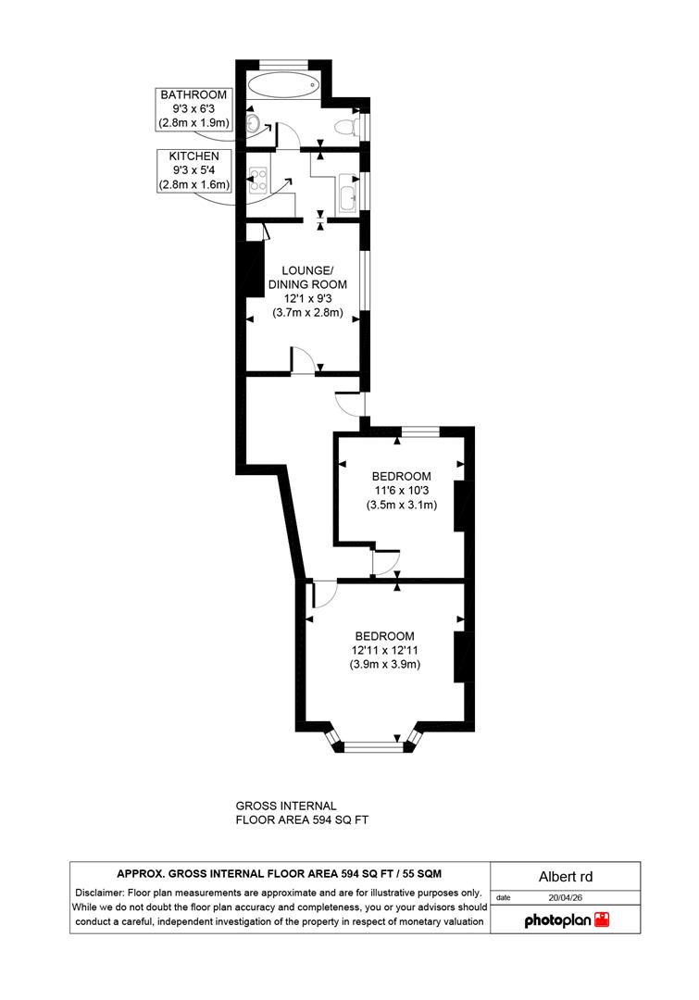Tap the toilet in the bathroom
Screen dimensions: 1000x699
pyautogui.click(x=349, y=125)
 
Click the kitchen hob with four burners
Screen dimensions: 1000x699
pyautogui.click(x=258, y=178)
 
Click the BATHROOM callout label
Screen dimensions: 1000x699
pyautogui.click(x=194, y=108)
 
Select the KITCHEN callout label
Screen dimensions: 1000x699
pyautogui.click(x=194, y=170)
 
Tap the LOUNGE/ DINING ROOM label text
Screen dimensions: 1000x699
pyautogui.click(x=307, y=278)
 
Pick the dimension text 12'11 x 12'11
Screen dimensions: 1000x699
pyautogui.click(x=385, y=650)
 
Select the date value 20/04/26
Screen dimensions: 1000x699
pyautogui.click(x=566, y=897)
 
